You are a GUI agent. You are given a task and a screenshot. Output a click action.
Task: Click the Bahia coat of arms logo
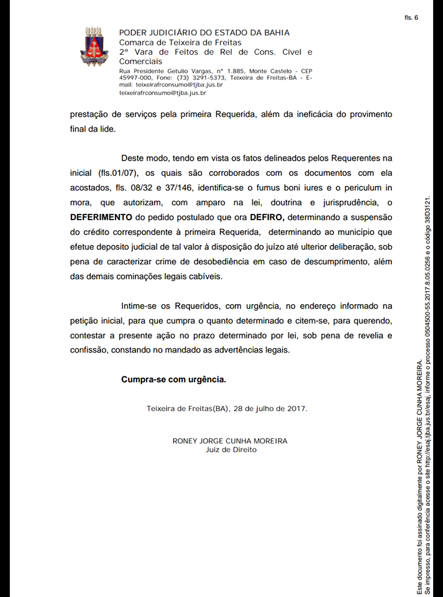tap(94, 47)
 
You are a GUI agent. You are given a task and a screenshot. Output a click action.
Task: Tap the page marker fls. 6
tap(411, 17)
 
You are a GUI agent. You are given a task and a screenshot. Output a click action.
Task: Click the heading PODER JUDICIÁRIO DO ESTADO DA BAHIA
tap(204, 33)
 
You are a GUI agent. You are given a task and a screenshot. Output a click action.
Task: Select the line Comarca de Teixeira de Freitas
tap(180, 42)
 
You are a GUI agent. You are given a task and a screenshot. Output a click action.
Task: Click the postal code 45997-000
tap(136, 78)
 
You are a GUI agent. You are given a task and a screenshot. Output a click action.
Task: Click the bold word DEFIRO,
tap(267, 217)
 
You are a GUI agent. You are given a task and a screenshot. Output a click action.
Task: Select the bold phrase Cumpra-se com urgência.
tap(173, 379)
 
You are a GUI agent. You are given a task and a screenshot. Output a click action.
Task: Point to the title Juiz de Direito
tap(231, 449)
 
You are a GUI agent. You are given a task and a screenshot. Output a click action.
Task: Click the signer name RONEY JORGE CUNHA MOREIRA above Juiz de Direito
tap(230, 440)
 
